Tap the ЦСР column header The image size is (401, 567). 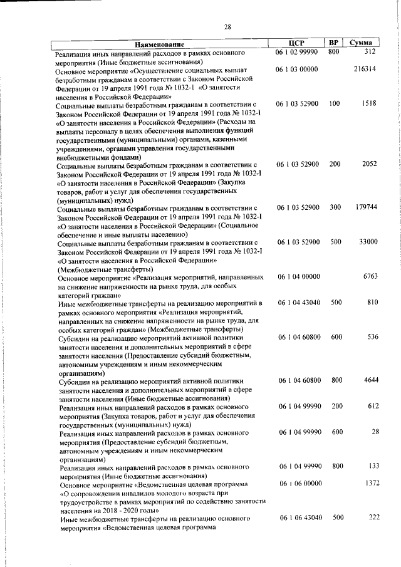click(x=297, y=43)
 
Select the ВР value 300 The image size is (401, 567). click(x=334, y=207)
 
